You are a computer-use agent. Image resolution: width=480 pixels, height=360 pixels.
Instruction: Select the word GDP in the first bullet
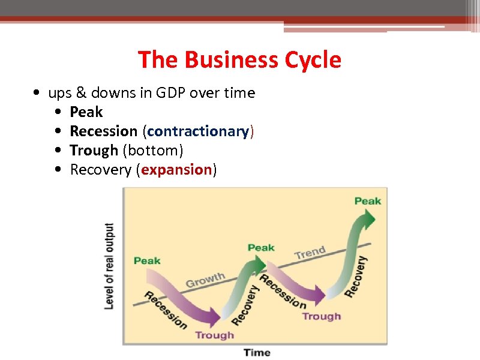(171, 93)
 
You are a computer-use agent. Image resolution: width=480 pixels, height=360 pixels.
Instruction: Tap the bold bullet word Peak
(86, 112)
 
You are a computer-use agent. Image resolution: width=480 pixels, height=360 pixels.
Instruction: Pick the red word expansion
(176, 170)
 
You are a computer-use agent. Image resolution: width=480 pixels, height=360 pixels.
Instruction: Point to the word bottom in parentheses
(153, 151)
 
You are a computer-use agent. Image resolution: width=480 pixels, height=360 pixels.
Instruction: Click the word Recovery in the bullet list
(101, 170)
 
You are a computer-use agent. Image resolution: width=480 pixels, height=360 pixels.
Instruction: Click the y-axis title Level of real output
(109, 266)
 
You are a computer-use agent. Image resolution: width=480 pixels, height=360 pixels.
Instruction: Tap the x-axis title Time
(257, 352)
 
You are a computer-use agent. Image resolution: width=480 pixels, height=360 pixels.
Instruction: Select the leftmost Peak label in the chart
(147, 260)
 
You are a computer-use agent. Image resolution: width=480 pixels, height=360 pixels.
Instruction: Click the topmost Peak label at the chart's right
(368, 201)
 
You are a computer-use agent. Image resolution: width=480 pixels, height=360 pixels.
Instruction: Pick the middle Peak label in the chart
(261, 247)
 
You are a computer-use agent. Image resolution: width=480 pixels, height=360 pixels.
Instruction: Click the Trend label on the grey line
(310, 253)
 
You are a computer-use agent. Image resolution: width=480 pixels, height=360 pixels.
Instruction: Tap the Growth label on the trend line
(205, 280)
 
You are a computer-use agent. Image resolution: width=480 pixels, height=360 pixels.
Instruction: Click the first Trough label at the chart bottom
(214, 335)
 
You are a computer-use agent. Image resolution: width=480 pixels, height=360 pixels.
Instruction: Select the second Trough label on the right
(321, 316)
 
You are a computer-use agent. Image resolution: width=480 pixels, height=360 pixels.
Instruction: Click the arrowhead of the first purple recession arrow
(215, 316)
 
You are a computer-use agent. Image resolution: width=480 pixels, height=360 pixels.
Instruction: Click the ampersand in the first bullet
(80, 93)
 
